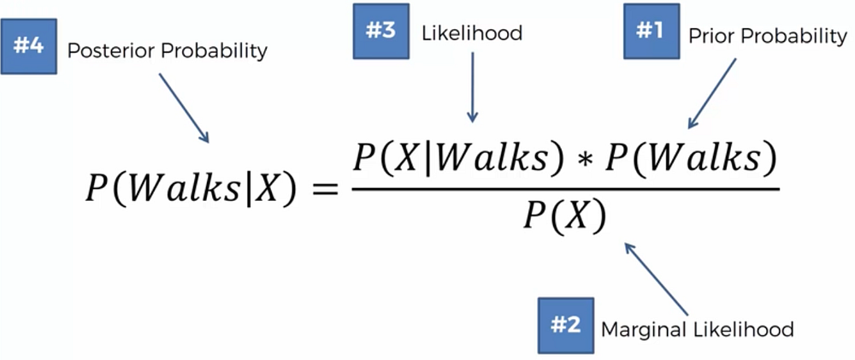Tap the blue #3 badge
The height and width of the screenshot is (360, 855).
tap(381, 33)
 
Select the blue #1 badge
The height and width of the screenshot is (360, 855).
tap(651, 34)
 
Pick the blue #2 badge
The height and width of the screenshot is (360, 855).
tap(564, 325)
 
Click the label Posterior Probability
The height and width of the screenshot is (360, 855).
tap(167, 50)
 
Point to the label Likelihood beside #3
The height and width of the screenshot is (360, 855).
tap(471, 33)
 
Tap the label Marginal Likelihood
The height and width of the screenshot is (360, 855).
tap(698, 328)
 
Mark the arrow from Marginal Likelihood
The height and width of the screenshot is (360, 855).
tap(657, 279)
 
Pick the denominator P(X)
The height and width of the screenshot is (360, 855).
tap(564, 217)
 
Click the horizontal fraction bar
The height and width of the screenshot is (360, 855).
tap(564, 189)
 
